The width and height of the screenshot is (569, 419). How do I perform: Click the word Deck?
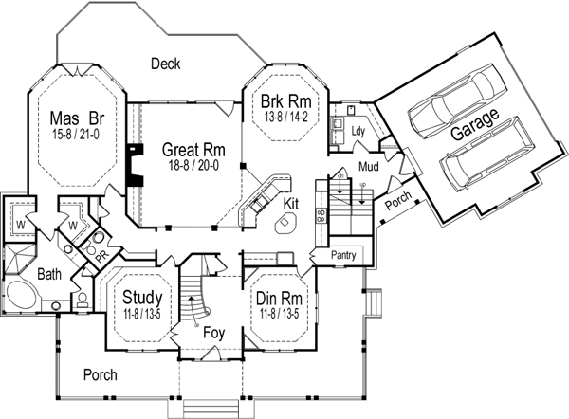[x=165, y=64]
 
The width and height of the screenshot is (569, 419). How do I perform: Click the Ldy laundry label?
[x=358, y=131]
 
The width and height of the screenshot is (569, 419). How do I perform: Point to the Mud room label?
[x=369, y=168]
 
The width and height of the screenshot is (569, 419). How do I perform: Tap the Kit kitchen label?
[x=291, y=203]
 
